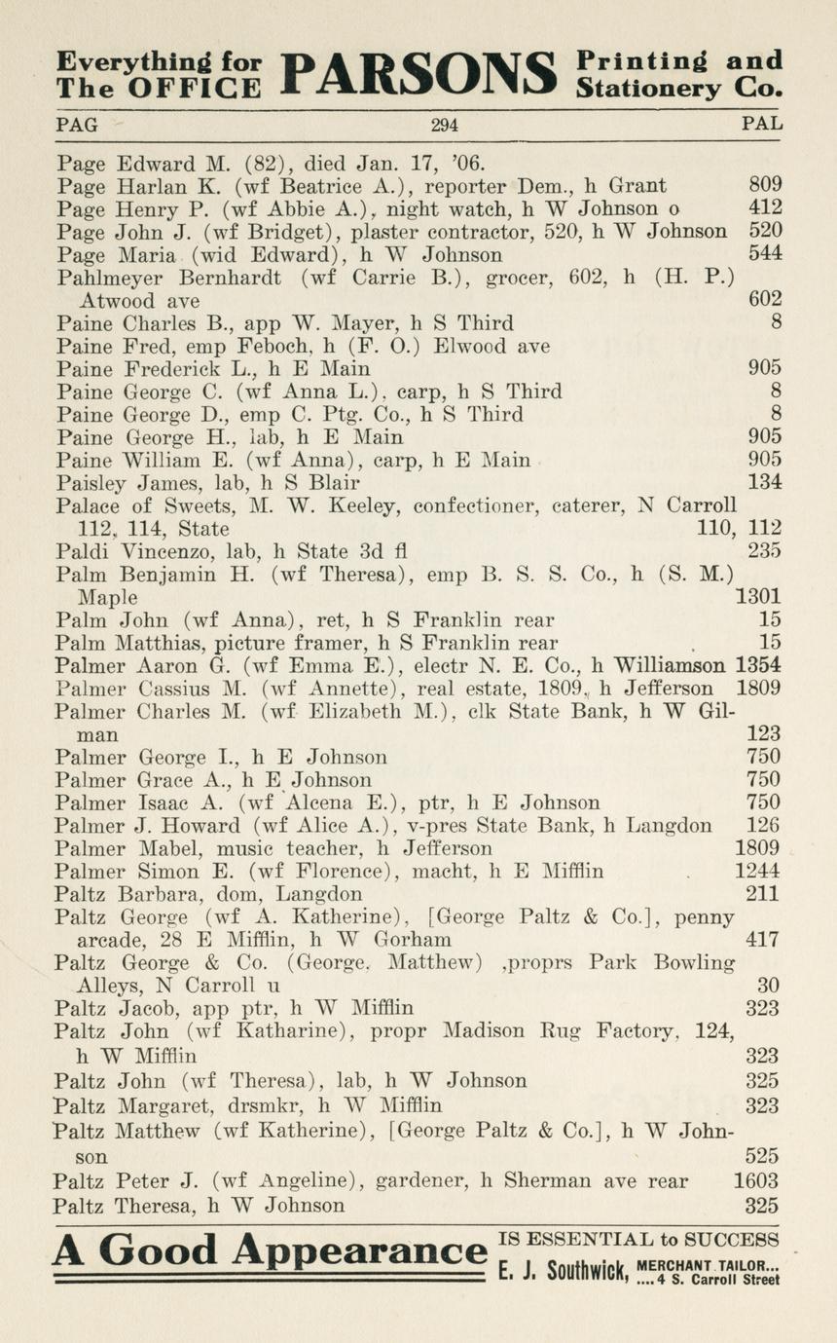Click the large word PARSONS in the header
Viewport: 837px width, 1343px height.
click(x=418, y=74)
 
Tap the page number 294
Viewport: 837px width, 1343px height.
click(x=444, y=125)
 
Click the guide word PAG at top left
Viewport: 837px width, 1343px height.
click(x=77, y=125)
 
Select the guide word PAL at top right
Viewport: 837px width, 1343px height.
click(x=761, y=125)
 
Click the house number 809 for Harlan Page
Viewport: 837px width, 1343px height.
click(x=765, y=185)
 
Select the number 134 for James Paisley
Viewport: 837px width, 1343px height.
click(x=764, y=482)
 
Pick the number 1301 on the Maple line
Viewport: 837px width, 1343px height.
click(x=759, y=596)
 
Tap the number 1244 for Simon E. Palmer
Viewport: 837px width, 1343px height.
click(x=757, y=872)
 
